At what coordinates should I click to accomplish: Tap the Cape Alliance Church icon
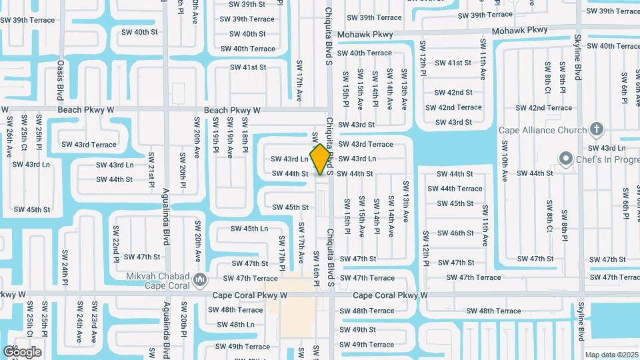(597, 129)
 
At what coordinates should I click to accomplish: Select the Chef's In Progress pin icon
(567, 159)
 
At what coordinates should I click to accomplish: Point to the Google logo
(22, 351)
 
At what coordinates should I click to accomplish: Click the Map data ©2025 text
(612, 355)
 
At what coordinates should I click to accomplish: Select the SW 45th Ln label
(249, 229)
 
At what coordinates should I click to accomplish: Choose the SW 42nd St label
(453, 93)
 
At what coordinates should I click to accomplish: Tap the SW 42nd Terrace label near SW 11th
(458, 107)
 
